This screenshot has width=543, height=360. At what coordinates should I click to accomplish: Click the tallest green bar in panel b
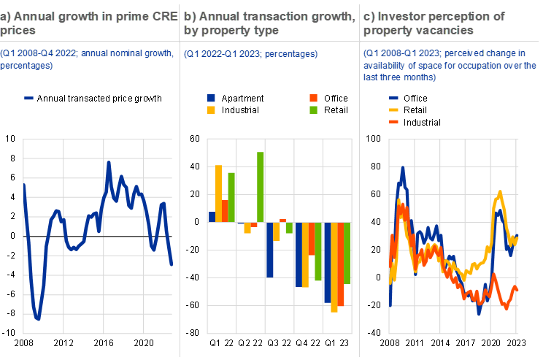[260, 186]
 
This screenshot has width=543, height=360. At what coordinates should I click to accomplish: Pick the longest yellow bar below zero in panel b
[334, 267]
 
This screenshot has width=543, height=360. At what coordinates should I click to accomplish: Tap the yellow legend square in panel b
[211, 110]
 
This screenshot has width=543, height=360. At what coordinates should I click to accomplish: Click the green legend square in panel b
[313, 110]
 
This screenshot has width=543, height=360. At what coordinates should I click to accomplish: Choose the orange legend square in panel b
[313, 98]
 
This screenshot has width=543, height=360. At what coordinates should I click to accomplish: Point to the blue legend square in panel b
[211, 98]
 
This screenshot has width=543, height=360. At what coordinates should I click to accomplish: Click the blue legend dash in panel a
[28, 98]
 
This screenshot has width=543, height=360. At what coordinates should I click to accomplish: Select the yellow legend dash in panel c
[394, 110]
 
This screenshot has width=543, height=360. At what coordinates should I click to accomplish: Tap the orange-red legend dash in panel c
[394, 121]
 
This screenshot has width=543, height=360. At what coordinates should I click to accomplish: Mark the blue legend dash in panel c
[394, 98]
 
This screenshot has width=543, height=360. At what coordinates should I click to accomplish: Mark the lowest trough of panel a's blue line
[37, 318]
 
